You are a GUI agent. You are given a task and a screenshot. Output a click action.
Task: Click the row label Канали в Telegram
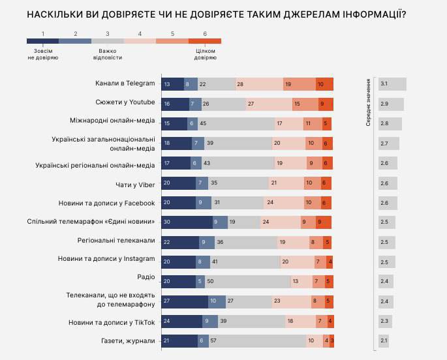coord(123,83)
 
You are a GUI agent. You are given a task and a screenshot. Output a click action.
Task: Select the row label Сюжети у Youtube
coord(125,103)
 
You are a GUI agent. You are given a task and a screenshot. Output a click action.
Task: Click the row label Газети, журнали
coord(129,341)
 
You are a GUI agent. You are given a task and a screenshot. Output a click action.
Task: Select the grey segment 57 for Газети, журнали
coord(256,341)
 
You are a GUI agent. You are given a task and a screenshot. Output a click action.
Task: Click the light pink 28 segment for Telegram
coord(259,84)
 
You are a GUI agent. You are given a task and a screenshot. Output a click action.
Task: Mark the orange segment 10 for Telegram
coord(324,84)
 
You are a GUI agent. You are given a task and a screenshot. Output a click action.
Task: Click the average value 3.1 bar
coord(392,84)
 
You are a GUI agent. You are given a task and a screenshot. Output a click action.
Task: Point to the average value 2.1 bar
coord(388,341)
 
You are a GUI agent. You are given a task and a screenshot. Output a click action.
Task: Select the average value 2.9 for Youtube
coord(391,104)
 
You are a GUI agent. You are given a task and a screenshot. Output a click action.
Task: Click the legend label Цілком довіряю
coord(205,53)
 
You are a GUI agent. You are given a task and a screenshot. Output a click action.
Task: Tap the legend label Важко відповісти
coord(109,53)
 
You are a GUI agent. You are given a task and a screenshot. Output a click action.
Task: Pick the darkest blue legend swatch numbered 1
coord(43,41)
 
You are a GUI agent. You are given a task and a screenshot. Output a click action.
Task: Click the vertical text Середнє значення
coord(368,102)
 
